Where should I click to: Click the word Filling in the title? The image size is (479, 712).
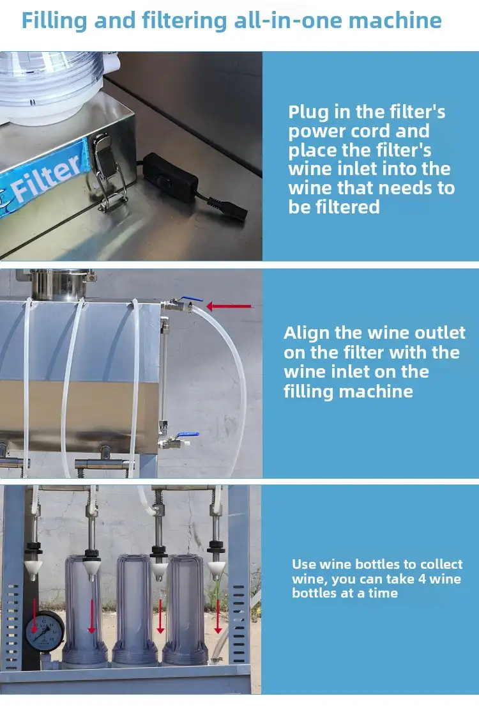pyautogui.click(x=54, y=21)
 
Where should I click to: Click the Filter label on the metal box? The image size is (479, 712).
pyautogui.click(x=45, y=178)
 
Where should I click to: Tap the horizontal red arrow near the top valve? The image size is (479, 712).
pyautogui.click(x=229, y=307)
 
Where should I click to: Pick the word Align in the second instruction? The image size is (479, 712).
pyautogui.click(x=307, y=334)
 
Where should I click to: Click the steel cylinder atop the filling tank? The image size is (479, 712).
pyautogui.click(x=57, y=284)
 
